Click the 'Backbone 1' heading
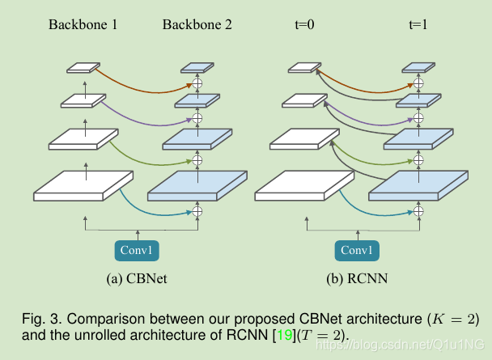point(83,24)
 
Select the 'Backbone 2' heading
point(197,24)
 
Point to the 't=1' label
point(418,24)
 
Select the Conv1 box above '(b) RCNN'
point(356,250)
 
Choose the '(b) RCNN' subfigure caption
point(356,279)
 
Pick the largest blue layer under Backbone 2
point(197,187)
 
